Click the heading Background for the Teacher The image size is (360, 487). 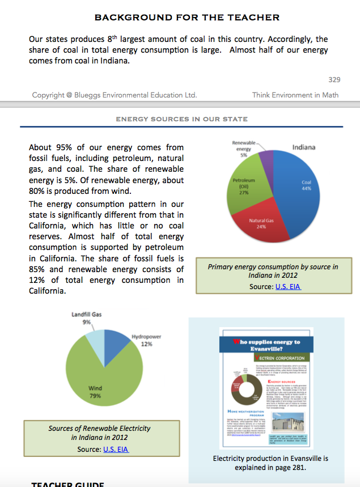click(x=187, y=18)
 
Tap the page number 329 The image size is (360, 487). click(x=334, y=80)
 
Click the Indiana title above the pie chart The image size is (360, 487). click(x=303, y=147)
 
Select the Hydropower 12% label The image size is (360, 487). click(x=146, y=340)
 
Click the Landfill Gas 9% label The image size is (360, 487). click(x=86, y=318)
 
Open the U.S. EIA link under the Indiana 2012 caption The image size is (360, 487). click(x=287, y=286)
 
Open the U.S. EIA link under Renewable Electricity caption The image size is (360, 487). click(x=116, y=450)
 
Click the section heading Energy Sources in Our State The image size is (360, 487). click(x=181, y=119)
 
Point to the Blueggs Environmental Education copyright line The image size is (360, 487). click(x=114, y=95)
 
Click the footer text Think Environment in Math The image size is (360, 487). click(x=295, y=95)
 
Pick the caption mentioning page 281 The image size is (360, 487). click(x=270, y=463)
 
